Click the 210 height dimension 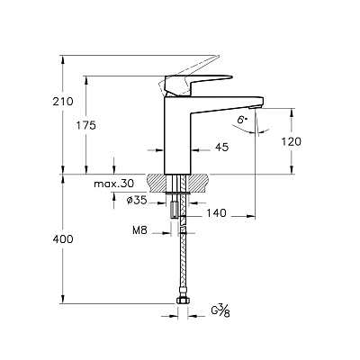point(63,102)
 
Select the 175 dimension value point(85,125)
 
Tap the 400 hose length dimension point(63,239)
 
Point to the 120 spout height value point(292,141)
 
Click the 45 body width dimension point(222,147)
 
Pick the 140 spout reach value point(216,213)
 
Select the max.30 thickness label point(114,184)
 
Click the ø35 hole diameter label point(137,200)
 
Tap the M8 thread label point(139,230)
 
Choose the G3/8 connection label point(220,310)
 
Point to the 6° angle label point(242,120)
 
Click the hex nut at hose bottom point(181,301)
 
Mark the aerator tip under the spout point(256,107)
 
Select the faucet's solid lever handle point(198,85)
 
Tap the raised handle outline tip point(219,56)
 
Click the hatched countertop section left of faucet point(156,183)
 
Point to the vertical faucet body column point(177,135)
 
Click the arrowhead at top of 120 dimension point(292,112)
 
